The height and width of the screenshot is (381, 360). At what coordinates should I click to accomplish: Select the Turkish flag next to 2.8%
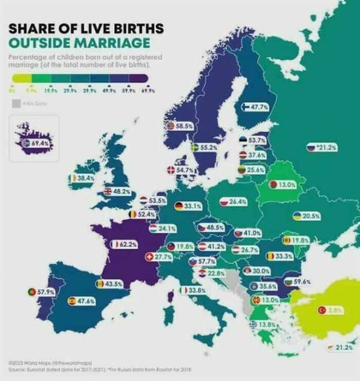[x=322, y=311]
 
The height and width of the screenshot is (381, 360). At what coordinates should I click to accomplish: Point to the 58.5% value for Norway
[x=184, y=125]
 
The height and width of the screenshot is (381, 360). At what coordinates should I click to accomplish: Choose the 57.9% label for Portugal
[x=45, y=291]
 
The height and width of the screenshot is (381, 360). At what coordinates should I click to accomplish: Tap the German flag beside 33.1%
[x=179, y=206]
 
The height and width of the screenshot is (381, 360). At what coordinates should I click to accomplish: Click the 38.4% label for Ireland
[x=85, y=178]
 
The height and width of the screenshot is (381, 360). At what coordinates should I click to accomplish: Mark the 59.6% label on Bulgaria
[x=302, y=282]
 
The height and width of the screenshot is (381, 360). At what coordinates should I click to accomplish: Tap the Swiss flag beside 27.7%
[x=148, y=256]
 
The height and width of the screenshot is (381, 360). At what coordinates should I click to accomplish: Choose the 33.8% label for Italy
[x=196, y=290]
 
